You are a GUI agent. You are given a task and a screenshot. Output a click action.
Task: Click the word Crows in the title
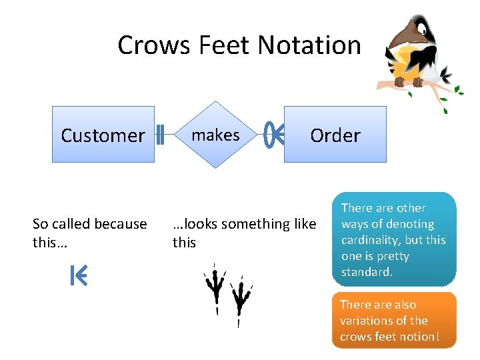pyautogui.click(x=148, y=45)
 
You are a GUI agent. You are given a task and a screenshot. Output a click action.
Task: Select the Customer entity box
pyautogui.click(x=103, y=135)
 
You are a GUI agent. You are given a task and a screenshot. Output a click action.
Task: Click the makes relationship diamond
pyautogui.click(x=215, y=135)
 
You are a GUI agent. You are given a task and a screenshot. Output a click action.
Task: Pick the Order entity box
pyautogui.click(x=335, y=135)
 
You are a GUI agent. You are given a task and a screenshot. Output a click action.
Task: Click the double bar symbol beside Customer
pyautogui.click(x=161, y=135)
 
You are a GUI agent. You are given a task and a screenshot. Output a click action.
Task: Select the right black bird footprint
pyautogui.click(x=239, y=299)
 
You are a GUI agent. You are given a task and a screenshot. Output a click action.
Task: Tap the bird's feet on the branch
pyautogui.click(x=409, y=82)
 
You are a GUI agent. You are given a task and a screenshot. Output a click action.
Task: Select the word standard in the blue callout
pyautogui.click(x=367, y=272)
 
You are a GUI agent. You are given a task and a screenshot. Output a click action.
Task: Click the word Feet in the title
pyautogui.click(x=217, y=45)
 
